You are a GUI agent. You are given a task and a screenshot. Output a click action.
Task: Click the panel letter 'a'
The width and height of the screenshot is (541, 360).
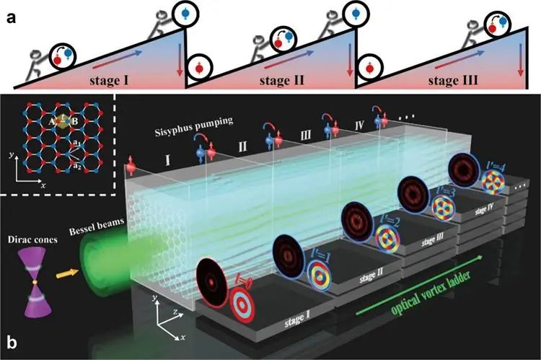pos(9,12)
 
